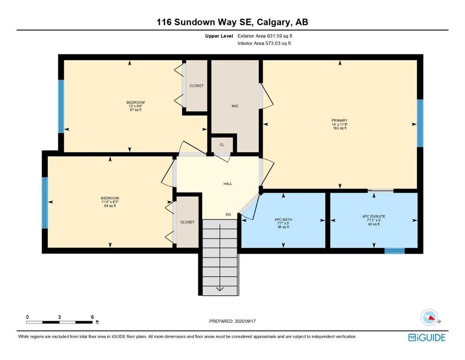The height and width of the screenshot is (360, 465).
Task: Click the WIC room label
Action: (x=235, y=106)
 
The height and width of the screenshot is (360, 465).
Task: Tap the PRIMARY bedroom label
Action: (x=340, y=120)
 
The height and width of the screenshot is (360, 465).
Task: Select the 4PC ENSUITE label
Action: (x=374, y=217)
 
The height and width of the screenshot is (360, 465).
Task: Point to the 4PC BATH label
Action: (x=283, y=220)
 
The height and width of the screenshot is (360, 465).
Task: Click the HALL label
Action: (x=228, y=184)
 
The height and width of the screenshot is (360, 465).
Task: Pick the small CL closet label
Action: (x=222, y=145)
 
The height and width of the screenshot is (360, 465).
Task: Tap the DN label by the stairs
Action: (x=228, y=215)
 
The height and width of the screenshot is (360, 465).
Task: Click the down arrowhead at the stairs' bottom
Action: (x=220, y=289)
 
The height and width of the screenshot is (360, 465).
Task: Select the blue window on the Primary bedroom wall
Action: (x=420, y=123)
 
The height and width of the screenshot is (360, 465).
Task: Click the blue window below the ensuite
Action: (x=395, y=251)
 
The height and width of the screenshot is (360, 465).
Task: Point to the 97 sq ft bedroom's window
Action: (x=61, y=106)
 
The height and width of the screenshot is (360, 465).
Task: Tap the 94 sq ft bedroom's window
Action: (x=45, y=203)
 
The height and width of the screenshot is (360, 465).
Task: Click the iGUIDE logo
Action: (x=427, y=338)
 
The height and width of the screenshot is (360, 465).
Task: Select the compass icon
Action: (x=429, y=317)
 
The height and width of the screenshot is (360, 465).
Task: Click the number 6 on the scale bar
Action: (x=93, y=317)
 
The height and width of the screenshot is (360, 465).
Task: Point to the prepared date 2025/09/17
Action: (x=245, y=321)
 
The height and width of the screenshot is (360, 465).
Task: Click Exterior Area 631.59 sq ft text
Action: (x=265, y=36)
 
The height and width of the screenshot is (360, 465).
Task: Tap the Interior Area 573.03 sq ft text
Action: (x=264, y=43)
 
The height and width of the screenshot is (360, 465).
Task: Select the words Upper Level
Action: (x=219, y=36)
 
